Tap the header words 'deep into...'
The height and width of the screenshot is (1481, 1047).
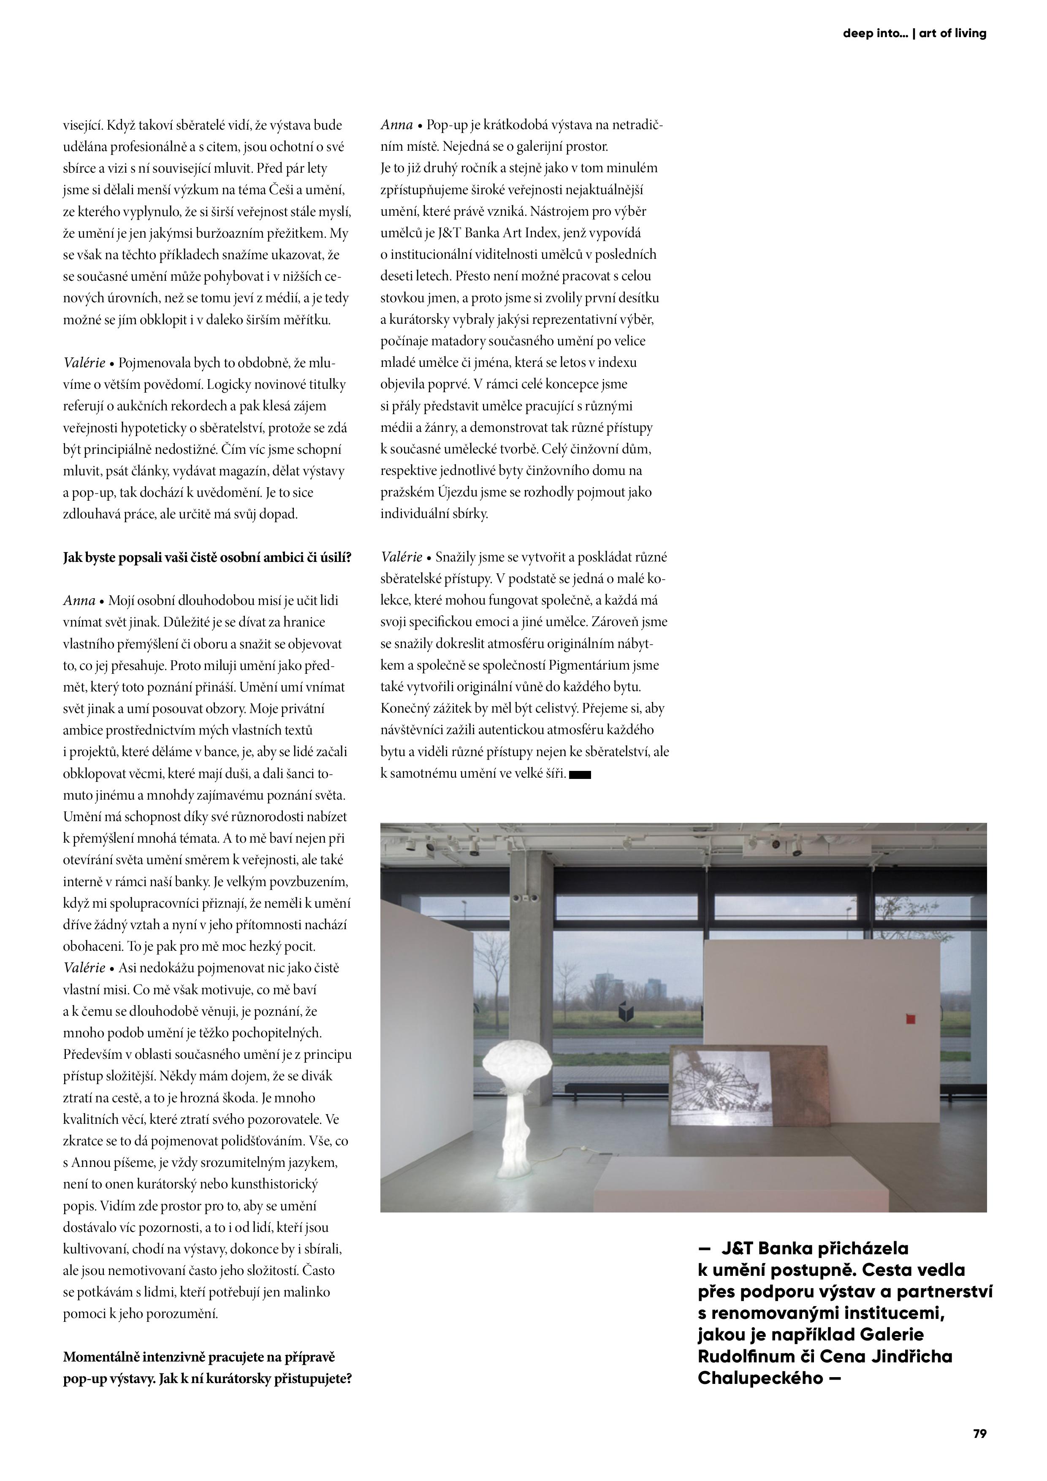(875, 33)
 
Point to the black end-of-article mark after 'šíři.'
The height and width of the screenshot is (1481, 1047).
(580, 775)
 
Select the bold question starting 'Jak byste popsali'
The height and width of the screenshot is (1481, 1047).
(207, 557)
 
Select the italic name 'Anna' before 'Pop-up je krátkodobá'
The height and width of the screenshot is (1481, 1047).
(396, 125)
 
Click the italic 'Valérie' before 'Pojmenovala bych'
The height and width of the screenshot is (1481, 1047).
(84, 363)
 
